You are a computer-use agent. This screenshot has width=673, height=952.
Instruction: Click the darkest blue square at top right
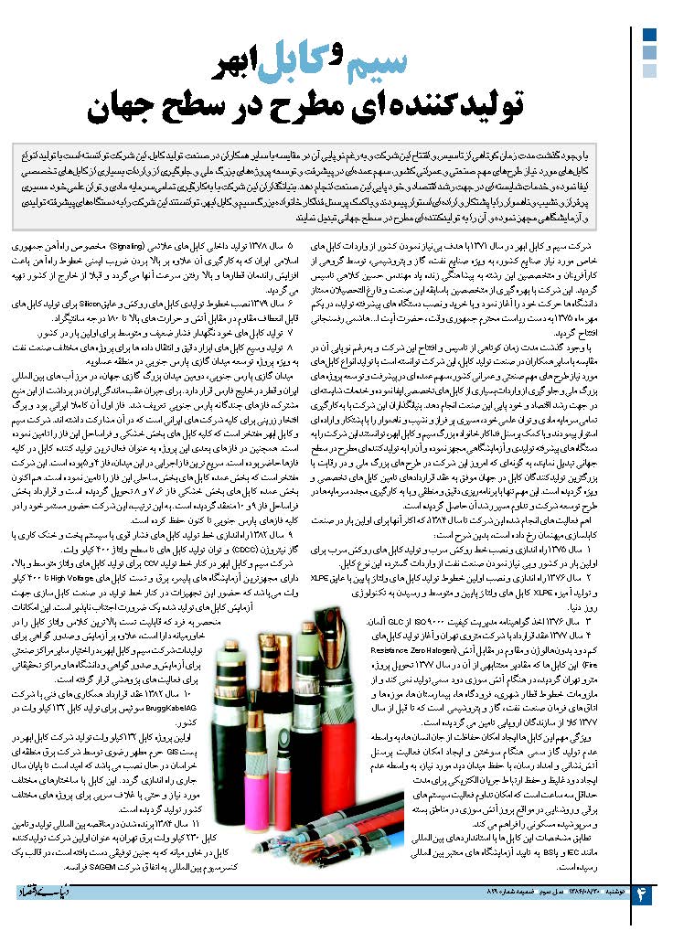point(649,35)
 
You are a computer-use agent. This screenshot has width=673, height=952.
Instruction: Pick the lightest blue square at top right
point(649,71)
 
